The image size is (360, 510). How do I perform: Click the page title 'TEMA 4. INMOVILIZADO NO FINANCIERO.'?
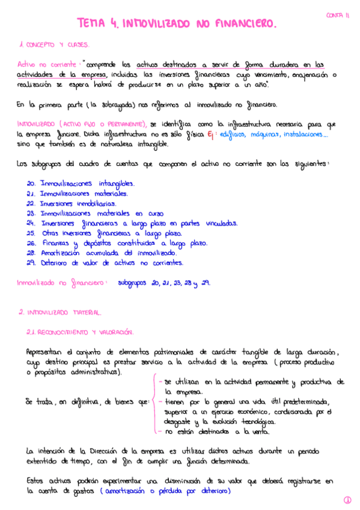(177, 24)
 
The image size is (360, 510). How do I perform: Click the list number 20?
(31, 183)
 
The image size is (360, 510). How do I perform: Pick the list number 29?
(31, 263)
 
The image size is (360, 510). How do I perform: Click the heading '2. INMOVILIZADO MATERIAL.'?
(60, 313)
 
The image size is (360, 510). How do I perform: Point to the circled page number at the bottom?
(347, 500)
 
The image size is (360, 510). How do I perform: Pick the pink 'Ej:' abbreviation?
(210, 134)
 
